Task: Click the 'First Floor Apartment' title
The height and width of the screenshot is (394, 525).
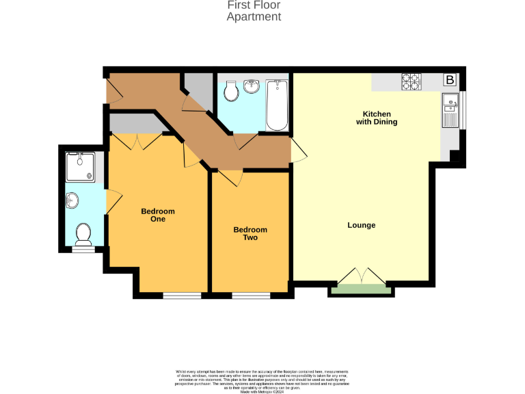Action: (x=254, y=11)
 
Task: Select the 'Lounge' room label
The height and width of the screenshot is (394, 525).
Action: (x=361, y=225)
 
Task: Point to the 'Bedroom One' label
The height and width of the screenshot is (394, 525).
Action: (x=158, y=215)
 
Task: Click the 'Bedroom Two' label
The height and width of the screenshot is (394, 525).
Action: (x=250, y=234)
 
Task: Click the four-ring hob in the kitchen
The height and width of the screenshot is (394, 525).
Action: (x=411, y=81)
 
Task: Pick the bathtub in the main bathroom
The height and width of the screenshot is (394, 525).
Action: (x=277, y=105)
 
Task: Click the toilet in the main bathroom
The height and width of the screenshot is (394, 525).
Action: (x=231, y=90)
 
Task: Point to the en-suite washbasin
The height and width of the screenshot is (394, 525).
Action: (x=72, y=200)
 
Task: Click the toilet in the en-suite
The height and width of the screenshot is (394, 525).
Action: (x=83, y=233)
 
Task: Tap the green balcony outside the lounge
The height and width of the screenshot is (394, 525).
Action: (x=361, y=289)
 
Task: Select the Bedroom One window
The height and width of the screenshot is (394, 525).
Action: (x=182, y=296)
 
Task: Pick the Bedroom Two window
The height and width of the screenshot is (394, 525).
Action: (x=251, y=296)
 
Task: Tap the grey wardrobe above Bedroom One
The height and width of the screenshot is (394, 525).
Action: (x=135, y=123)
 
